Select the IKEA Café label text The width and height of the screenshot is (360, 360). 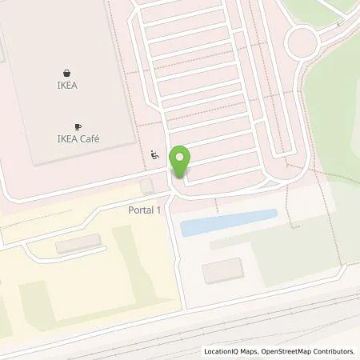tap(78, 139)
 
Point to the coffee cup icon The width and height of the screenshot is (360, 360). tap(78, 126)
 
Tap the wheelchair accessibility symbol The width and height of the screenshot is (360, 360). tap(154, 155)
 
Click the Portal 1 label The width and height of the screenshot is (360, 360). tap(144, 210)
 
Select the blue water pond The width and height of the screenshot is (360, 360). tap(228, 222)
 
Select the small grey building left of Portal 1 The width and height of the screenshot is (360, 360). tap(78, 244)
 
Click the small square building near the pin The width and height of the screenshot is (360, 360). tap(145, 186)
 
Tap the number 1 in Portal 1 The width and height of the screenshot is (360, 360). tap(159, 210)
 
